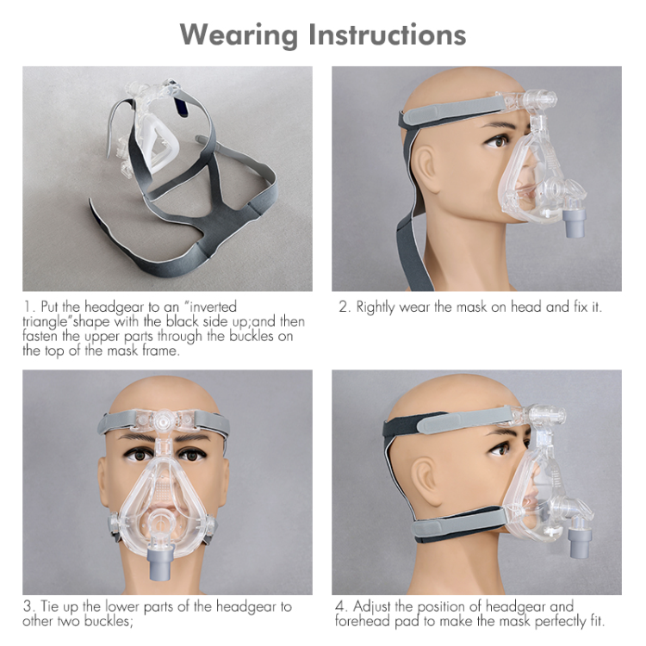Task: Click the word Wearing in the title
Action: (x=239, y=34)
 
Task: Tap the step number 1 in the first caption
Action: (x=27, y=307)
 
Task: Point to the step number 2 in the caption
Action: (x=343, y=307)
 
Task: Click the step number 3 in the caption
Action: (x=27, y=606)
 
